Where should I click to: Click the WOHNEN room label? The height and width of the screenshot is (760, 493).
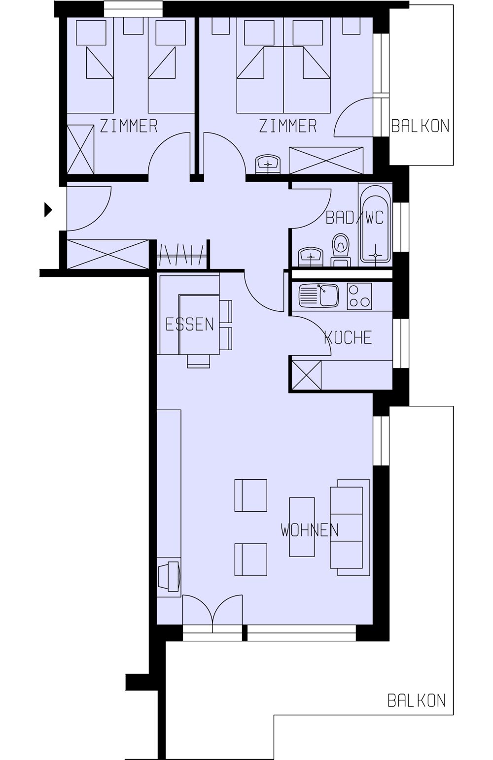click(310, 530)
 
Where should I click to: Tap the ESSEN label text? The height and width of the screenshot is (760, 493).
click(190, 324)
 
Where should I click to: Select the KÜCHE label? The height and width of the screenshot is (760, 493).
click(348, 338)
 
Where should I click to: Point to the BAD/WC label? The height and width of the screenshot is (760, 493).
click(354, 217)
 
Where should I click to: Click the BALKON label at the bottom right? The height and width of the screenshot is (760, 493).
click(417, 700)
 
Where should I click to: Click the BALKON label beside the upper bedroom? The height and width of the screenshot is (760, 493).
click(420, 126)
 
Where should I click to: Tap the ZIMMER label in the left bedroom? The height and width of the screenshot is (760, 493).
click(129, 126)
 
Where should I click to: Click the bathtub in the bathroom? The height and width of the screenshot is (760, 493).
click(376, 224)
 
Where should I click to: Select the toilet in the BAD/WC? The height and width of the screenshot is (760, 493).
click(341, 248)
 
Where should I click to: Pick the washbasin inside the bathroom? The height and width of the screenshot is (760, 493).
click(310, 257)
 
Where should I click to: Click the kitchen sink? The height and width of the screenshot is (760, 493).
click(318, 296)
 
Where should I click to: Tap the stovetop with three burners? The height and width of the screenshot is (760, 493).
click(359, 296)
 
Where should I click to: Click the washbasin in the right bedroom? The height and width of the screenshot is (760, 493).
click(268, 164)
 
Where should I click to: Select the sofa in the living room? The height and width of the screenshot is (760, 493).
click(350, 528)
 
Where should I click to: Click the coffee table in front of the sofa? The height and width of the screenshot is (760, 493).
click(302, 527)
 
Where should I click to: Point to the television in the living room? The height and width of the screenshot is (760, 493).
click(169, 576)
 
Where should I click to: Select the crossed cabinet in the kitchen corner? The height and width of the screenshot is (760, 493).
click(306, 376)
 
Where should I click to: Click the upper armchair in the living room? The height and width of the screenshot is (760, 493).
click(250, 495)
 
